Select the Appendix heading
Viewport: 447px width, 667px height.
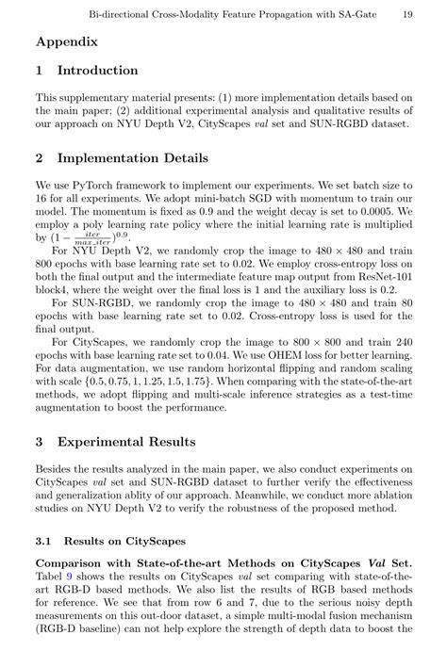pyautogui.click(x=67, y=41)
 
